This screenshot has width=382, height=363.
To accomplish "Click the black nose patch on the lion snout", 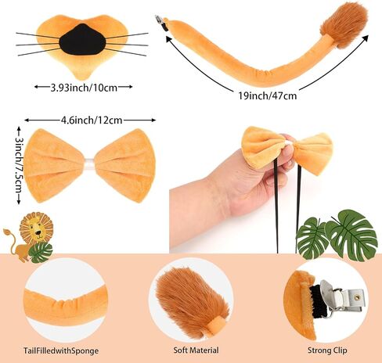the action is tap(82, 40).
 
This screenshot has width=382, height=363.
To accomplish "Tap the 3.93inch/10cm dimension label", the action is tap(84, 88).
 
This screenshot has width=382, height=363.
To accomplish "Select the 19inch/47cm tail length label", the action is tap(268, 95).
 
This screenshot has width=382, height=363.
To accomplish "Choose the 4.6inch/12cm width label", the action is tap(92, 120).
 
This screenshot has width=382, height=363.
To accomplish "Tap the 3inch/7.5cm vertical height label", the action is tap(18, 165).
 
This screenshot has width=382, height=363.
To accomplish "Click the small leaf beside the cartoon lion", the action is tap(41, 253).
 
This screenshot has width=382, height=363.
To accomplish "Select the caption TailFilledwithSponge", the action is tap(61, 350).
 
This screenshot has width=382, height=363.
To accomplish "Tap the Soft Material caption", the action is tap(196, 350).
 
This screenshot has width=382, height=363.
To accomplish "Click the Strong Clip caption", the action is tap(327, 350).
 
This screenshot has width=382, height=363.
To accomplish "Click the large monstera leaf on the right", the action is tap(351, 235).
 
